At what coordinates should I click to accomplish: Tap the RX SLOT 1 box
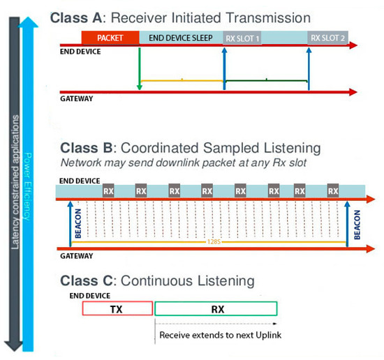point(242,38)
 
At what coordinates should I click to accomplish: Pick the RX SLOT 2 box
point(328,38)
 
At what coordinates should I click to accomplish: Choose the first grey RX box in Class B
point(109,189)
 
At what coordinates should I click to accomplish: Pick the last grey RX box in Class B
point(333,189)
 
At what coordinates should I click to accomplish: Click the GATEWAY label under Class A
point(75,99)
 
